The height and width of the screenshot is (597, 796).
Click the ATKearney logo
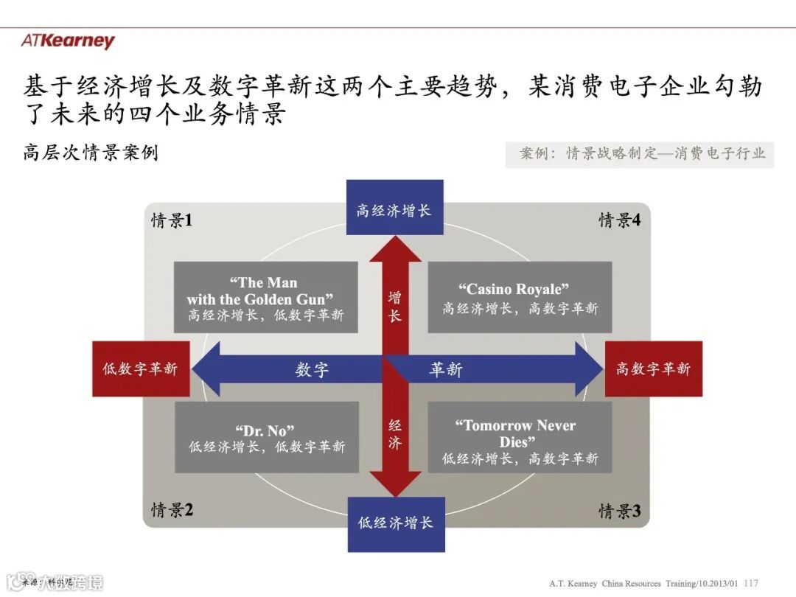point(68,41)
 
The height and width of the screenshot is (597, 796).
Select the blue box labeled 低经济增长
point(396,524)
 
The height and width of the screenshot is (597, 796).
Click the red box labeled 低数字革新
point(140,369)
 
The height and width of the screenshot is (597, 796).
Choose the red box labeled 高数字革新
point(653,369)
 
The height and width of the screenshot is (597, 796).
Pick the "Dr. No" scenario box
point(266,437)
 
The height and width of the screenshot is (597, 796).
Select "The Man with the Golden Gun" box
point(266,298)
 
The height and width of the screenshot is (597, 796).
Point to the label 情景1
point(172,220)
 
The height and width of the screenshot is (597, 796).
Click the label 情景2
point(172,509)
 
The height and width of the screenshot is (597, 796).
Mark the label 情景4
point(619,220)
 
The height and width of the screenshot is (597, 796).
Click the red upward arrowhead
point(395,251)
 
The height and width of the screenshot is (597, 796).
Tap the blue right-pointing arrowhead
point(587,369)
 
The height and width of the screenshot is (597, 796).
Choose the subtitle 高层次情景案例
point(91,153)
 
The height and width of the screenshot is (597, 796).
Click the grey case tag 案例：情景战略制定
point(639,153)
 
